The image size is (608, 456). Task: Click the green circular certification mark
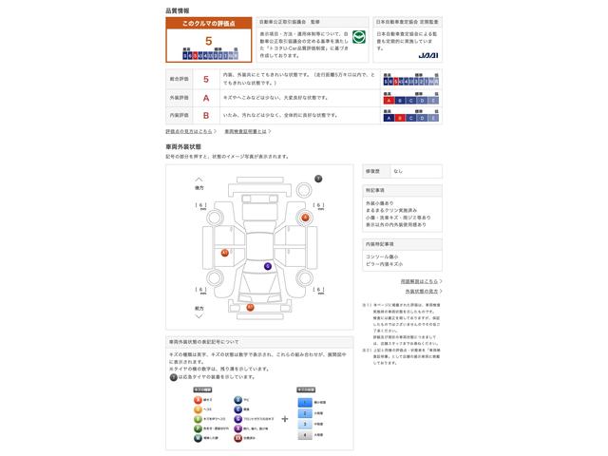coord(359,37)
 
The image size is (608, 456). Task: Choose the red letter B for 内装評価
coord(206,115)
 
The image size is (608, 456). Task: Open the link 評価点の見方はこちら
coord(191,131)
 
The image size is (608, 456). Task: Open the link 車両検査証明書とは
coord(252,131)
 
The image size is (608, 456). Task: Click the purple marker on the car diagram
coord(268,266)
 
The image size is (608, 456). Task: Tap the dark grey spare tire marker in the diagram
coord(318,179)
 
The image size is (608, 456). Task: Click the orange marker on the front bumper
coord(250,307)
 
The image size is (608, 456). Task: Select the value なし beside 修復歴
coord(399,171)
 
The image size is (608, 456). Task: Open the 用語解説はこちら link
coord(419,281)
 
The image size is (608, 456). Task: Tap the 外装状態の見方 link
coord(421,291)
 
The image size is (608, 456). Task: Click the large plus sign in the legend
coord(284,418)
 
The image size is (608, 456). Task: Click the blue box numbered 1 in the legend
coord(305,402)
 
